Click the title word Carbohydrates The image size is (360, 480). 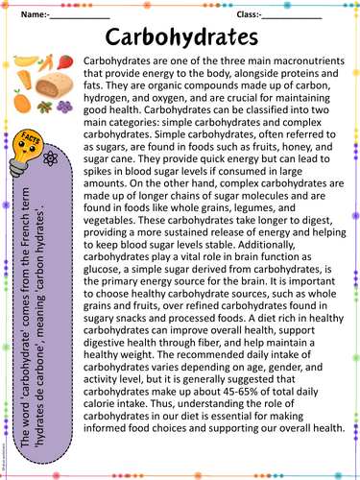coord(179,37)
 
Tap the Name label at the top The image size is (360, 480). coord(35,15)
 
